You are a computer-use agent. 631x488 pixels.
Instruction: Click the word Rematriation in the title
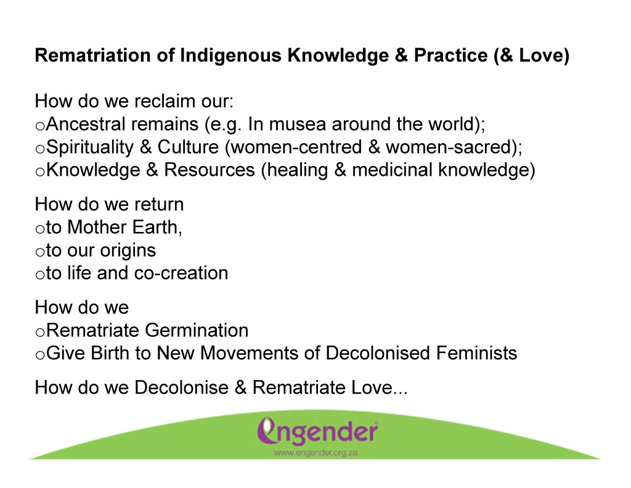click(x=93, y=55)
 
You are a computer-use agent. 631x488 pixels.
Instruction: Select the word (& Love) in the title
click(x=532, y=56)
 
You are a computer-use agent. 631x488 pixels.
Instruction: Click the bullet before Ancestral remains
click(x=40, y=126)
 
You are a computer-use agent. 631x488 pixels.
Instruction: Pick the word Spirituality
click(x=90, y=147)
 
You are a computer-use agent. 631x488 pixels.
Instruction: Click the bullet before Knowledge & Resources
click(x=40, y=172)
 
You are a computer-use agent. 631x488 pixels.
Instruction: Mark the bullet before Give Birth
click(x=40, y=355)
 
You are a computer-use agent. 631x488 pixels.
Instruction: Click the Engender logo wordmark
click(x=317, y=431)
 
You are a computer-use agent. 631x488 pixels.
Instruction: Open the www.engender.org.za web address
click(x=315, y=453)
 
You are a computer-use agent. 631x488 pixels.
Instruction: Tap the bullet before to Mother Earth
click(x=40, y=230)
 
